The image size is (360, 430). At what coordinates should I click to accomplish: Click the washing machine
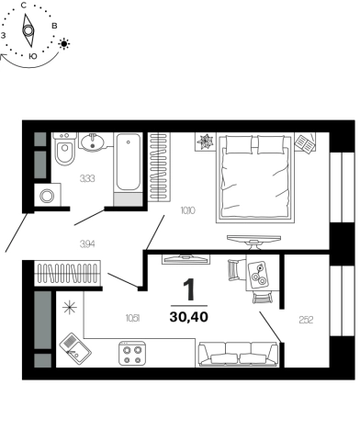(x=48, y=195)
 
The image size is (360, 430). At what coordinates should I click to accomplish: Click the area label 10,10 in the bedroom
(x=188, y=210)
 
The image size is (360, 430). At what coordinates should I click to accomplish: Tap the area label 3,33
(x=87, y=178)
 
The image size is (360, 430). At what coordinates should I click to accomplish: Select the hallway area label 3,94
(x=87, y=244)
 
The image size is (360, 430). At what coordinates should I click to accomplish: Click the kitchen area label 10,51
(x=133, y=319)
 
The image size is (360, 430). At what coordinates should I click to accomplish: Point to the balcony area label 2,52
(x=306, y=320)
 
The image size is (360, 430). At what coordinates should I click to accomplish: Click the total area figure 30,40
(x=189, y=317)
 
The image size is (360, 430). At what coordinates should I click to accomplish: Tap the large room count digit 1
(x=189, y=289)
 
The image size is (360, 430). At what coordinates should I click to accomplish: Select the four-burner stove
(x=132, y=353)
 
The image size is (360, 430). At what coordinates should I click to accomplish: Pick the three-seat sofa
(x=238, y=354)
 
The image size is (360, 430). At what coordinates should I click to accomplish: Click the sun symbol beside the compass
(x=64, y=44)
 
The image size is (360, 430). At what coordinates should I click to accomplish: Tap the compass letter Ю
(x=33, y=57)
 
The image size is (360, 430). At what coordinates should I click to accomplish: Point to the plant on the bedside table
(x=205, y=141)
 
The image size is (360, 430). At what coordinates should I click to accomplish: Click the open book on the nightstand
(x=305, y=142)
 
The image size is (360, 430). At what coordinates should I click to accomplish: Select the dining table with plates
(x=258, y=275)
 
